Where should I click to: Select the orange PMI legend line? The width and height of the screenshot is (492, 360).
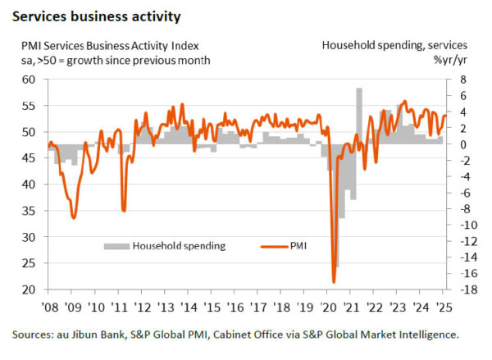tap(272, 244)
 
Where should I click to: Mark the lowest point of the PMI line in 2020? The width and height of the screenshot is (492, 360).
tap(334, 282)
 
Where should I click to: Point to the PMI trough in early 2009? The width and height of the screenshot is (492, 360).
tap(74, 217)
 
